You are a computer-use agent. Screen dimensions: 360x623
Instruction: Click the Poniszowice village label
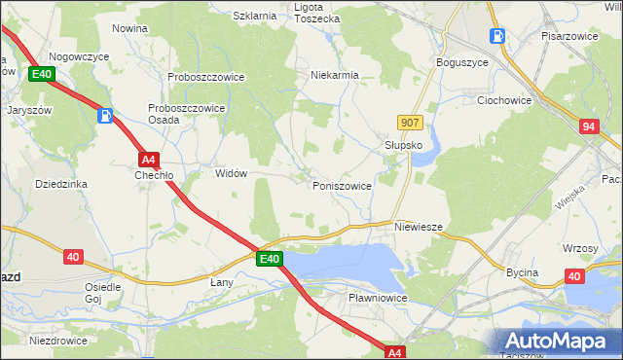click(341, 185)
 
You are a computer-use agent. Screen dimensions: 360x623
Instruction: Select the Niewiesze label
click(419, 227)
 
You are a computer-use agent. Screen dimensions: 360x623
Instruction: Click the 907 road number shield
click(410, 123)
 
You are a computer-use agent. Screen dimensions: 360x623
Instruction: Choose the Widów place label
click(231, 173)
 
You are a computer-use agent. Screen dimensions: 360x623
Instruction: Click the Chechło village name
click(154, 176)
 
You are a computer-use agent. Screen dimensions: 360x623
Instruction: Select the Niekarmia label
click(335, 75)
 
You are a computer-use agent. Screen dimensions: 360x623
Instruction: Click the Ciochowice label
click(502, 99)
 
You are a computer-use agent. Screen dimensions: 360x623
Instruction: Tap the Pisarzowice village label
click(568, 35)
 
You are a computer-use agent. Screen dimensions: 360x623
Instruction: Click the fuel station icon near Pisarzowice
click(497, 36)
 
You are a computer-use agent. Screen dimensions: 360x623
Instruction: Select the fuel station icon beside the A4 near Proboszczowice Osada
click(105, 117)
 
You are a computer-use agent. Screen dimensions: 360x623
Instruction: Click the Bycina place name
click(522, 273)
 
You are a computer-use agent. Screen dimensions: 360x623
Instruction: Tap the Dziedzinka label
click(61, 183)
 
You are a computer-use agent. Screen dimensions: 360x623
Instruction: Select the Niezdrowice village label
click(58, 341)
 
